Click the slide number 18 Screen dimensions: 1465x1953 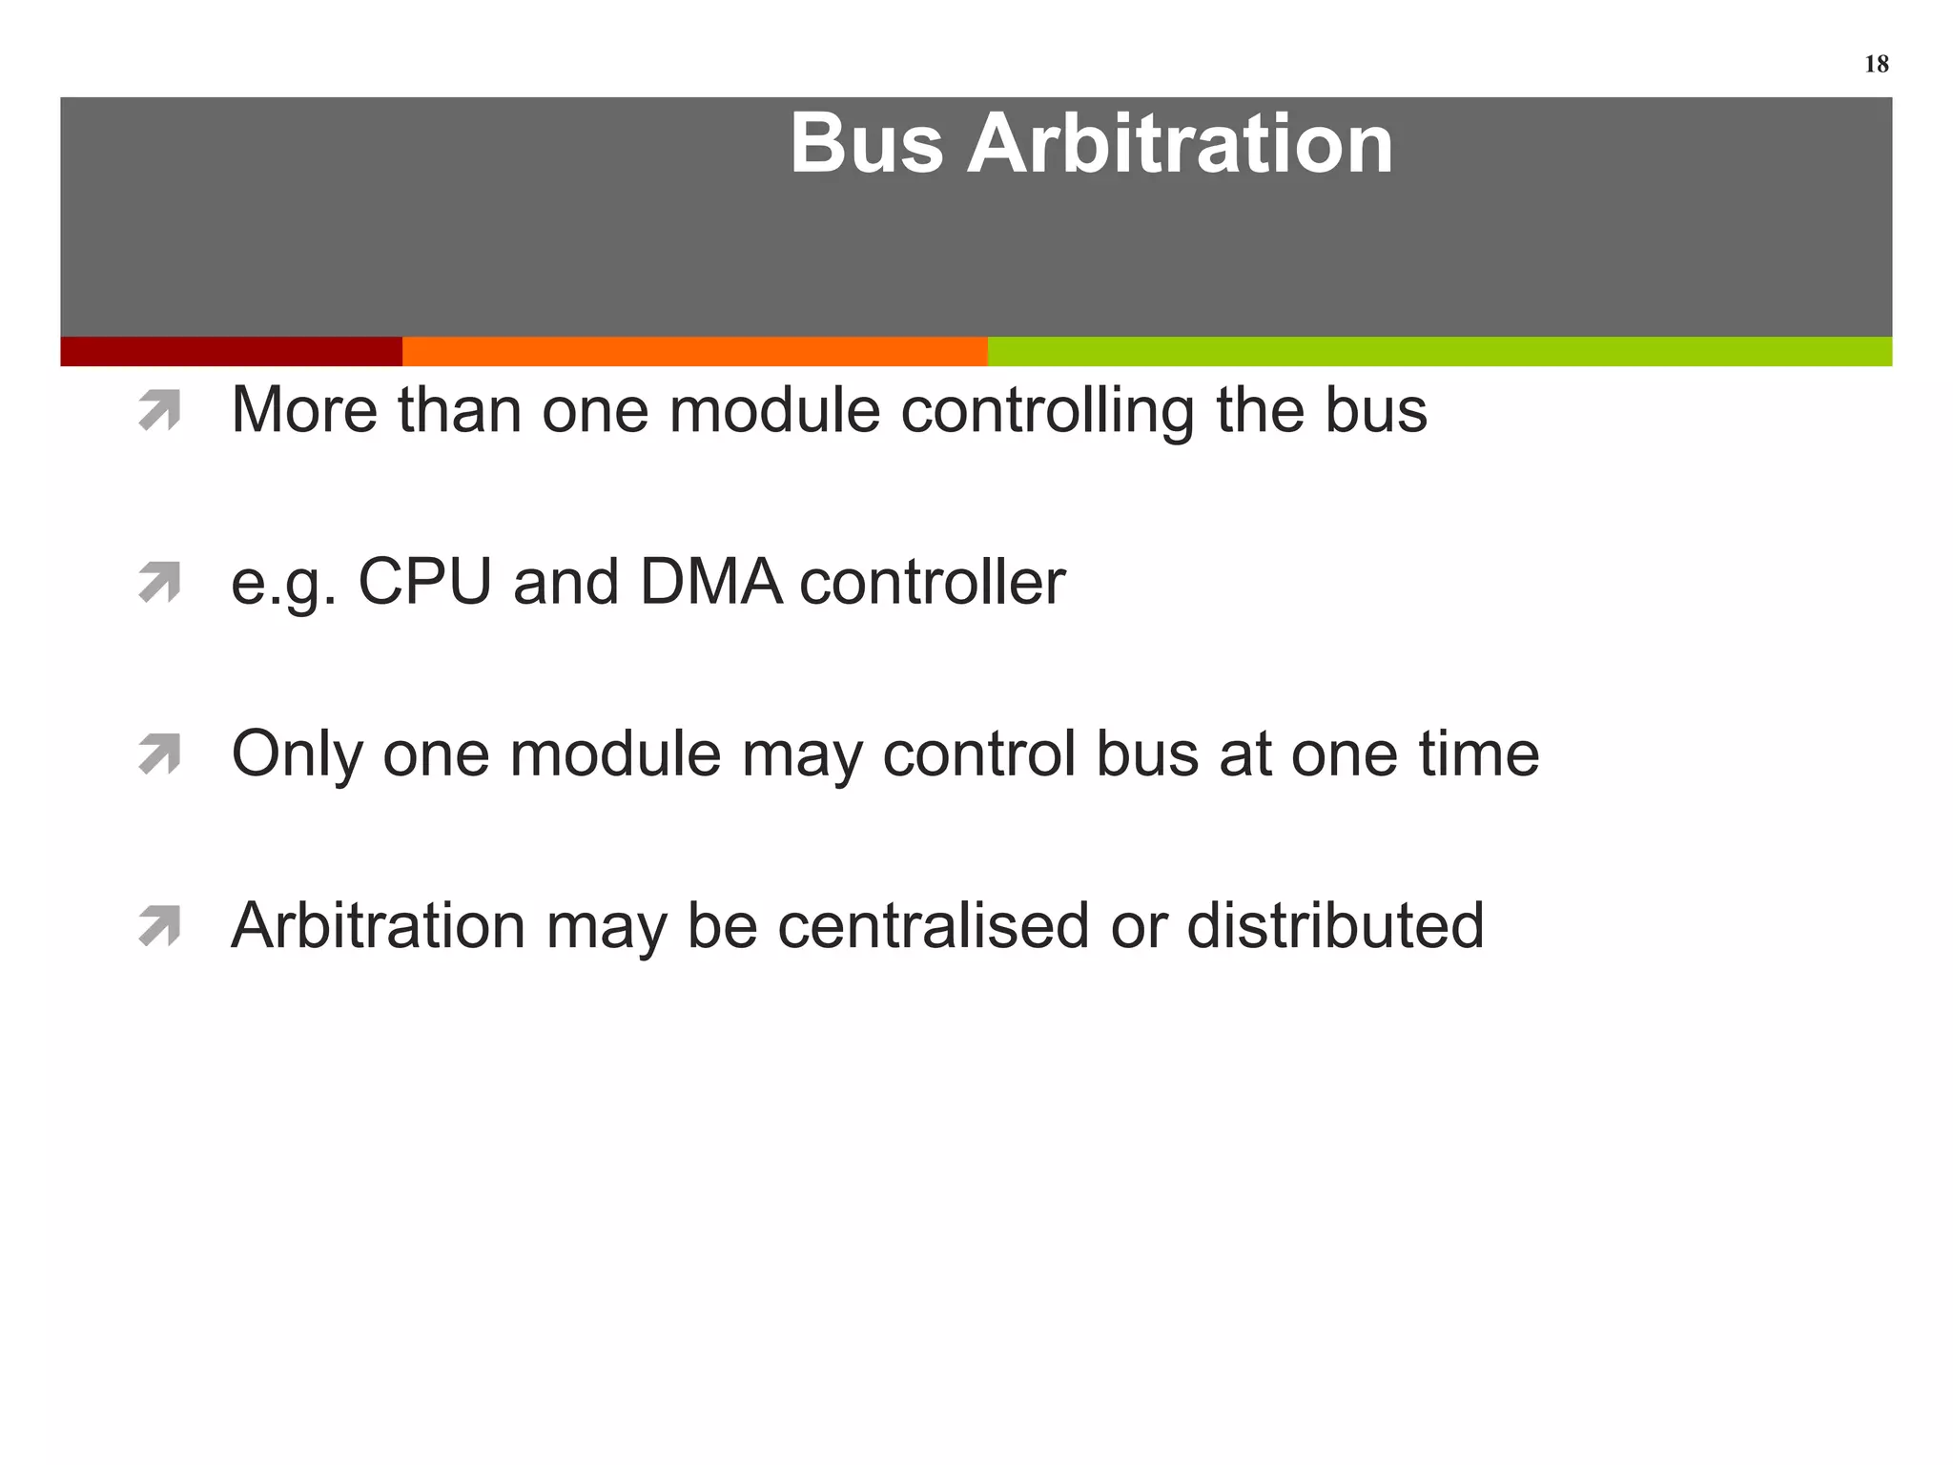click(1876, 64)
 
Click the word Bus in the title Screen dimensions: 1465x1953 click(866, 144)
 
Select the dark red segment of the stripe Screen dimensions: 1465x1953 click(231, 351)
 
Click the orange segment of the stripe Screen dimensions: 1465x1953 click(694, 351)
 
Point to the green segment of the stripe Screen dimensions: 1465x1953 click(1439, 351)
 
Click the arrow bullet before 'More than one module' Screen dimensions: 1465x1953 click(159, 411)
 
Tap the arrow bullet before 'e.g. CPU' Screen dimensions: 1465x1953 click(159, 583)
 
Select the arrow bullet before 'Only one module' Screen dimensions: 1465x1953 click(159, 754)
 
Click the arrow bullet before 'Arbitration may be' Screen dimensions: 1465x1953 click(159, 926)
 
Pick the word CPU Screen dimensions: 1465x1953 click(424, 582)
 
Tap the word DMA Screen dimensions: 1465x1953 click(710, 582)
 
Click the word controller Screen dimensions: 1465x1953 click(932, 584)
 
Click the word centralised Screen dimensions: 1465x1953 click(933, 925)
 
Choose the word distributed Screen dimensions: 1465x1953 click(1335, 925)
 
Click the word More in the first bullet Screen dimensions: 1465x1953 click(304, 410)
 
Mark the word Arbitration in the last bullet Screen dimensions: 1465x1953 click(378, 925)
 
